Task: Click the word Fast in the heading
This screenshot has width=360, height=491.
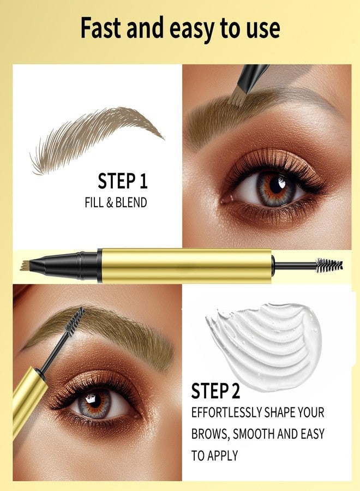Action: click(101, 28)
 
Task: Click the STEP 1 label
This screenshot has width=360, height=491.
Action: click(122, 181)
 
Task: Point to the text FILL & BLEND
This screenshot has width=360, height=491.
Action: click(116, 202)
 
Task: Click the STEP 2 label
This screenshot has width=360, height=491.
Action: click(215, 391)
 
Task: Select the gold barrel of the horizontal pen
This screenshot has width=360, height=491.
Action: click(187, 266)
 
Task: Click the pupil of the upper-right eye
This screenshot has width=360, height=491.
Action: click(276, 185)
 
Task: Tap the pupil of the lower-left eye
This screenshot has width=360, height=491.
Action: click(94, 400)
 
